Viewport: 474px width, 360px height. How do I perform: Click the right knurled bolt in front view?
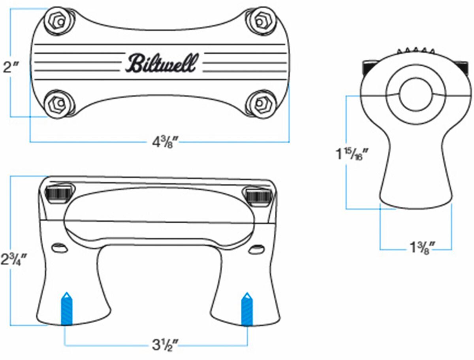click(x=257, y=195)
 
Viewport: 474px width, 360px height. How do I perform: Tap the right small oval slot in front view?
click(x=258, y=249)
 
